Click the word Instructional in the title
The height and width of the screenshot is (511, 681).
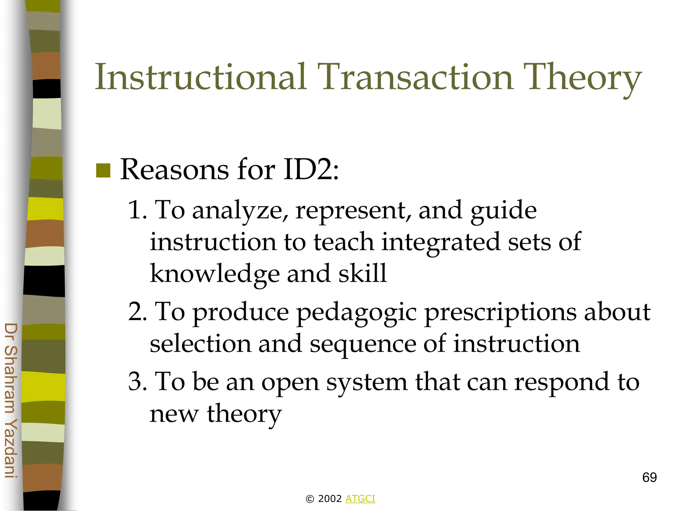pos(201,77)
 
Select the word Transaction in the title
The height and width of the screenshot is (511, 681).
pos(416,77)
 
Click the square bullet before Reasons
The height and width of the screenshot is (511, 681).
pos(103,171)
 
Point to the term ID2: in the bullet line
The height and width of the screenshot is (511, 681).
pos(311,170)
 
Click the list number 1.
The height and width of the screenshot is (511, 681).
pos(137,210)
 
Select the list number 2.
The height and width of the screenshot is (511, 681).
pos(137,312)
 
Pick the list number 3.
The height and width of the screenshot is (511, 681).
pos(137,382)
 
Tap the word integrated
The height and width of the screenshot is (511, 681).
pos(441,242)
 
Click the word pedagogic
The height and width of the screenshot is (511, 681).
pos(356,313)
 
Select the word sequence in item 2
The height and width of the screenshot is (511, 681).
pos(363,345)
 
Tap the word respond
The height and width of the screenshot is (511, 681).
pos(562,383)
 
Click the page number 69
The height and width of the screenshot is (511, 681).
pos(649,477)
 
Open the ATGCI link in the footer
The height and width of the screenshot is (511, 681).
pos(360,499)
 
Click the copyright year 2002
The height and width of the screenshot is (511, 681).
pos(330,499)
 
